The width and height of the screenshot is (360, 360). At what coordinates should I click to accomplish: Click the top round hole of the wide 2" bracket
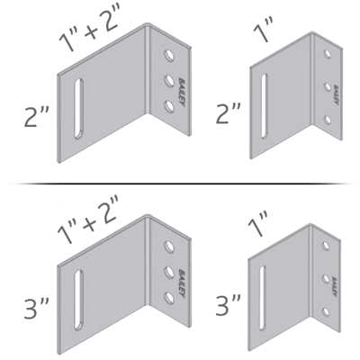click(167, 58)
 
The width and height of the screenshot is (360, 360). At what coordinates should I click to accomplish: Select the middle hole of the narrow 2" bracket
click(326, 87)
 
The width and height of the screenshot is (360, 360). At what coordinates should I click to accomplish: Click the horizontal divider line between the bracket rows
click(180, 183)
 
